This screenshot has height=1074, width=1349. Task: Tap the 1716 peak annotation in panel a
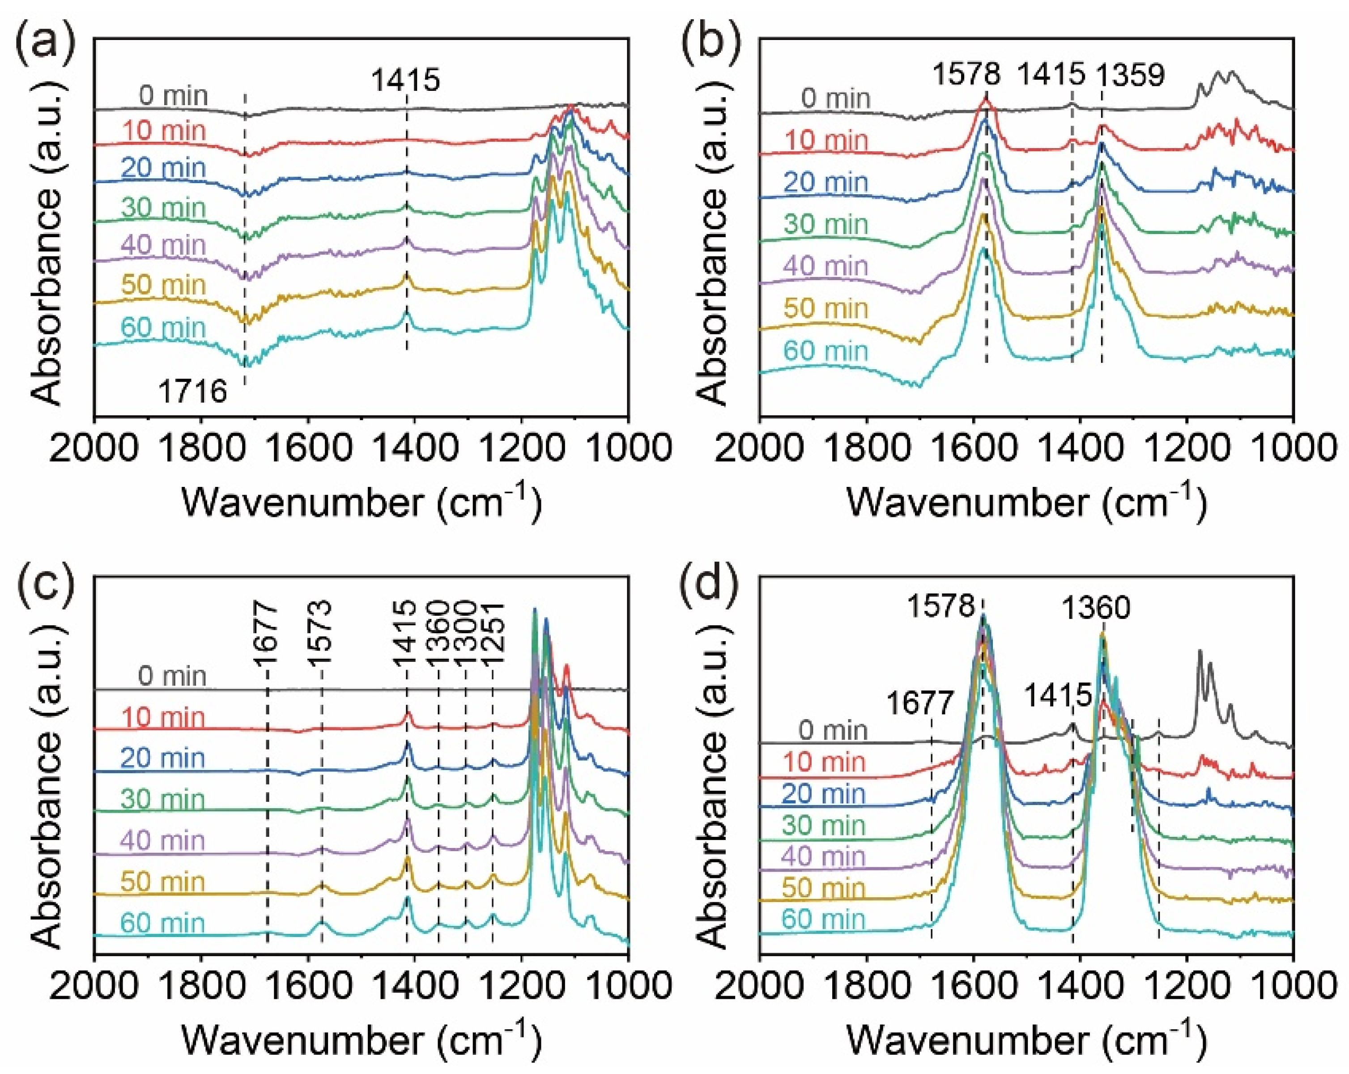[x=192, y=392]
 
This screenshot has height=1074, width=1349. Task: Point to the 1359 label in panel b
[x=1130, y=75]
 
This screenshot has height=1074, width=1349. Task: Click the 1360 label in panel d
[x=1096, y=608]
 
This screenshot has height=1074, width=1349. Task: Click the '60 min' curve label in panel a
[x=163, y=327]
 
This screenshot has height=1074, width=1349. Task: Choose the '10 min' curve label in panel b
[x=826, y=140]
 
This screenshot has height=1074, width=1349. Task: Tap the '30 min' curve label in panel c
[x=163, y=799]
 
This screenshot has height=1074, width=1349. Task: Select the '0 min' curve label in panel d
[x=832, y=730]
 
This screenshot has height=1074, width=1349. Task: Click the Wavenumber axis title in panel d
[x=1026, y=1040]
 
